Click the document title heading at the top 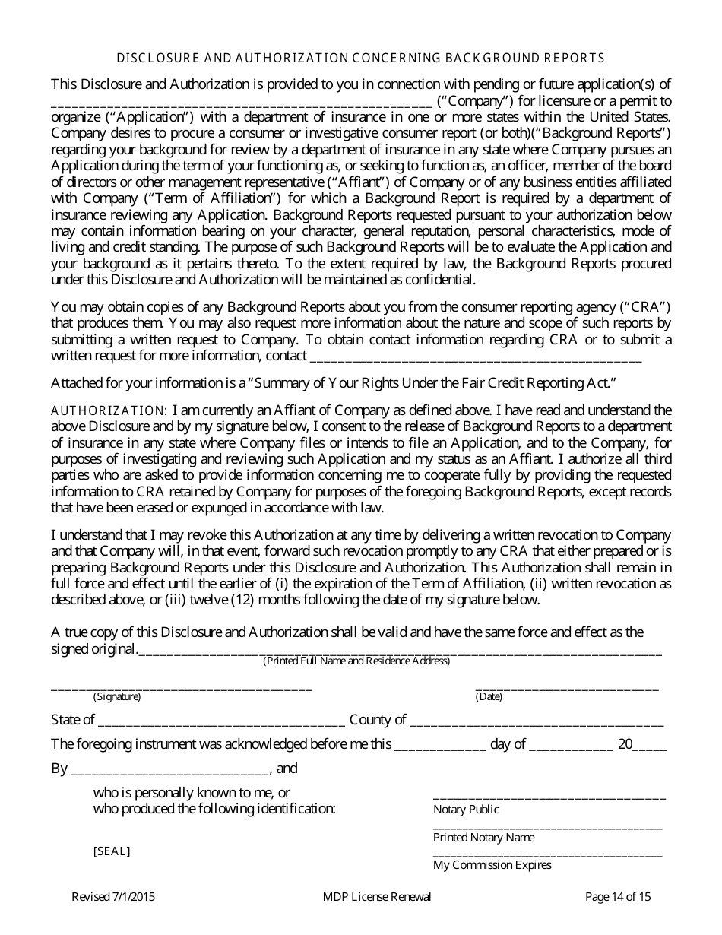point(361,58)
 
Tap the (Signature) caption point(117,696)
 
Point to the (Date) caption point(489,696)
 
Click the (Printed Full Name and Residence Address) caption point(356,661)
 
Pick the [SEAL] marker point(112,851)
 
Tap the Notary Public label point(466,810)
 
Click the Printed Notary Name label point(483,838)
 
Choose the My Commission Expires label point(492,865)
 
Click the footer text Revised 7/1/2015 point(115,897)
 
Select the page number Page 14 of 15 point(618,897)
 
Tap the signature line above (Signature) point(181,687)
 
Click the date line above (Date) point(566,687)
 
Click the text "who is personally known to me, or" point(192,792)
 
